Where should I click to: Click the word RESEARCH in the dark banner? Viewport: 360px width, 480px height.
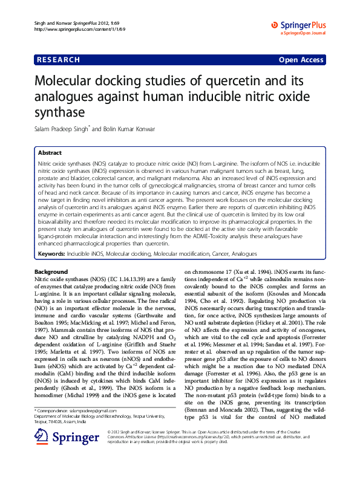(59, 60)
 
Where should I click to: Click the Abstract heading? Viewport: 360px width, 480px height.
(50, 154)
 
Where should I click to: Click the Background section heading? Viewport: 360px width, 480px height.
(51, 272)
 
